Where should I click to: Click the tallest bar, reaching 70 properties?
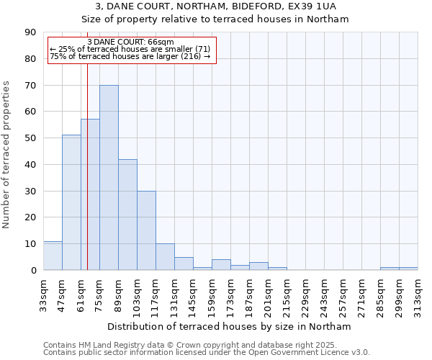tap(109, 178)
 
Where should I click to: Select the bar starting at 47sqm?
tap(71, 202)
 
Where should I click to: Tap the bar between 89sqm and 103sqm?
tap(127, 215)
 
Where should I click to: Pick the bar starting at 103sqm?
tap(146, 230)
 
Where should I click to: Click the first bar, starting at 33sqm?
tap(53, 256)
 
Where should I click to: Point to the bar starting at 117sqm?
tap(165, 257)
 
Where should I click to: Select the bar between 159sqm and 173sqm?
tap(221, 265)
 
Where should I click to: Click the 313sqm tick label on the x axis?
tap(418, 294)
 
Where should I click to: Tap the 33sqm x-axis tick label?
tap(44, 294)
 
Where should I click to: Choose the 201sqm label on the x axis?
tap(269, 294)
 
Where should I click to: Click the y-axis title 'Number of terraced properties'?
tap(7, 155)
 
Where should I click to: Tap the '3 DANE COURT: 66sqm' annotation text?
tap(130, 42)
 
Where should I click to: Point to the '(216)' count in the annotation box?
tap(190, 56)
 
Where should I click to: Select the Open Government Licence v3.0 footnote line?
tap(207, 353)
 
